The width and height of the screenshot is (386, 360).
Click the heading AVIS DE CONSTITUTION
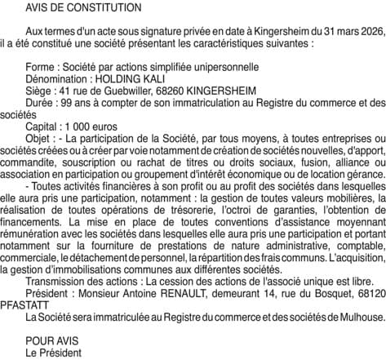tap(71, 7)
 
